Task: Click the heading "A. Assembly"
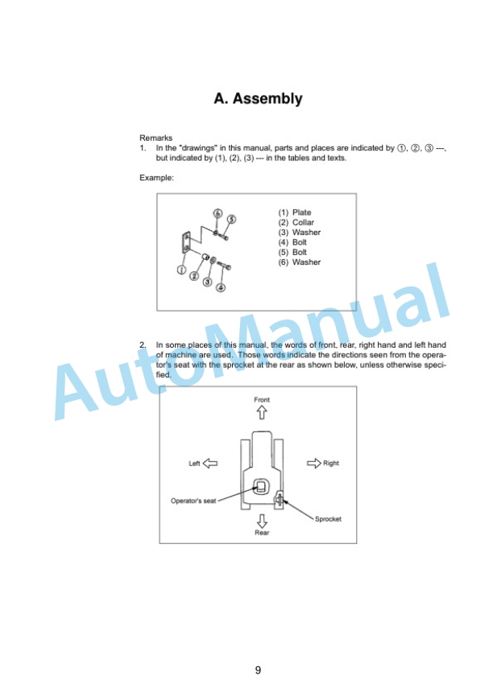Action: [x=258, y=99]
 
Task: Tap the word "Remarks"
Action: [x=155, y=138]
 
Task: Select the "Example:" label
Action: [x=156, y=178]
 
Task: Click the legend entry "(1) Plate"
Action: [x=295, y=212]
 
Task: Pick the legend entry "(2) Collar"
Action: [x=296, y=222]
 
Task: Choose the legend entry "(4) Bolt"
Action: [x=292, y=242]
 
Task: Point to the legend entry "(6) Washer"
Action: [x=300, y=262]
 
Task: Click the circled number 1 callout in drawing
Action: [x=181, y=270]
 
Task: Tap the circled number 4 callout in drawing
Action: [x=221, y=287]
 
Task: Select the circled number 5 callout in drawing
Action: [x=231, y=219]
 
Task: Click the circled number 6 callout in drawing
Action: [x=217, y=213]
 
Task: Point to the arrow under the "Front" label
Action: [x=262, y=413]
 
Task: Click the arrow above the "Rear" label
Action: [x=262, y=521]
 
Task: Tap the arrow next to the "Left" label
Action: [x=210, y=463]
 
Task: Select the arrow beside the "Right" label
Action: [x=314, y=463]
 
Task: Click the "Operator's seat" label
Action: [x=193, y=501]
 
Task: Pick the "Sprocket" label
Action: [x=328, y=519]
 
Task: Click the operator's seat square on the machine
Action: [x=259, y=486]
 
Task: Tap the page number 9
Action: [x=258, y=670]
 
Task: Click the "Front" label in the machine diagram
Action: [x=262, y=400]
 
